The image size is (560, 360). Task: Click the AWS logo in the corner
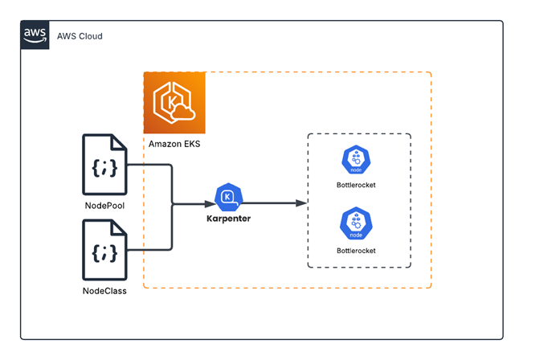pyautogui.click(x=35, y=35)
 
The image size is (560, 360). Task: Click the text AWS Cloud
pyautogui.click(x=79, y=36)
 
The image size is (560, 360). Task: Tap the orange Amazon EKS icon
pyautogui.click(x=174, y=103)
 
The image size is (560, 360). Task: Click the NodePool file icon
pyautogui.click(x=104, y=165)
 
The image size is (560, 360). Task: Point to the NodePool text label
pyautogui.click(x=104, y=205)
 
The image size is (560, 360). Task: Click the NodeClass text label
pyautogui.click(x=104, y=290)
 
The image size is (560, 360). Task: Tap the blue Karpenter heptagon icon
pyautogui.click(x=229, y=196)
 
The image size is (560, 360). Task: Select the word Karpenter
pyautogui.click(x=229, y=218)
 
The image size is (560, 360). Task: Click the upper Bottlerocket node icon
pyautogui.click(x=356, y=161)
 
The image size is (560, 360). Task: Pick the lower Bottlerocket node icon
pyautogui.click(x=356, y=224)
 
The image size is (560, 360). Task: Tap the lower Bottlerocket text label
pyautogui.click(x=356, y=251)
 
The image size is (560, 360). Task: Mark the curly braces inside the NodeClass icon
pyautogui.click(x=104, y=254)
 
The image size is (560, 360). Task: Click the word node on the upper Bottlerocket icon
pyautogui.click(x=356, y=171)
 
